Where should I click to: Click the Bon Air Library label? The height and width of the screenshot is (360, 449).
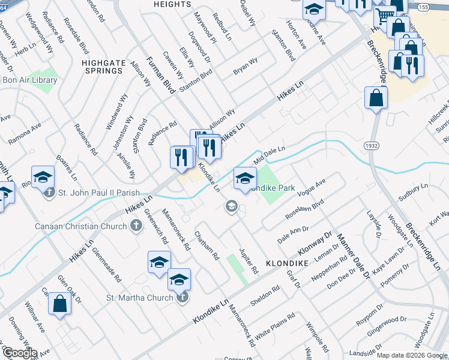coord(30,80)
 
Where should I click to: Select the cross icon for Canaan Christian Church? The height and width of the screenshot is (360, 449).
coord(136,226)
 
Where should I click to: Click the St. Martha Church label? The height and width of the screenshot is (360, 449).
coord(140,298)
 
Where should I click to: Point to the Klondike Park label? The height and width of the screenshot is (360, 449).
coord(274,188)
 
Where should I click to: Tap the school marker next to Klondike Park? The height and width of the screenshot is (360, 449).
coord(245,178)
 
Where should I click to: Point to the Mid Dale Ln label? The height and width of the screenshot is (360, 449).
coord(268,154)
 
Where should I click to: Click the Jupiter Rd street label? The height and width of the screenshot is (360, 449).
coord(248,260)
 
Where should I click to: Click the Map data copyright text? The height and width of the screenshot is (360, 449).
coord(412,355)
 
